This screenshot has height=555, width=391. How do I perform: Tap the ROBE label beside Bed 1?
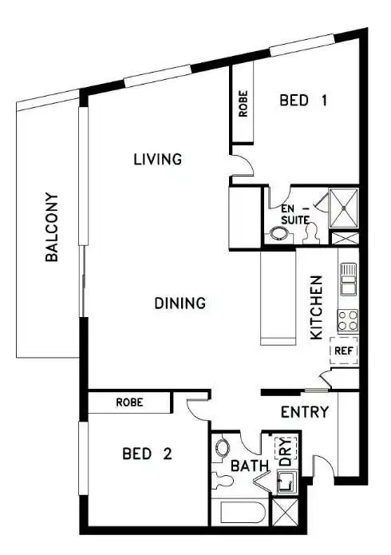(243, 105)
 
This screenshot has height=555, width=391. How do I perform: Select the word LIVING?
(157, 160)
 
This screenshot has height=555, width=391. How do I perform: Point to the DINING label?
(180, 303)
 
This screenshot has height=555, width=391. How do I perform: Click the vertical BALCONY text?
(51, 228)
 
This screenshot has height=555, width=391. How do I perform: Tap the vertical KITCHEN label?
(316, 307)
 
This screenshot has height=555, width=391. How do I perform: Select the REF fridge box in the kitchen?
(343, 350)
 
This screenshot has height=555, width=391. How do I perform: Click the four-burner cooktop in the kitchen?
(348, 321)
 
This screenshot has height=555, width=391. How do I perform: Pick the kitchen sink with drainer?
(348, 279)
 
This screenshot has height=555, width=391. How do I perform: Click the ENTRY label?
(305, 412)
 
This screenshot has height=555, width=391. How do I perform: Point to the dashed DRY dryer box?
(285, 452)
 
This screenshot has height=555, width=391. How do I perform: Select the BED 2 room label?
(147, 454)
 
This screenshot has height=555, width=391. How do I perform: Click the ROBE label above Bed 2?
(129, 402)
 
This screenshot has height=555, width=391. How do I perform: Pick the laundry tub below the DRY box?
(286, 482)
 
